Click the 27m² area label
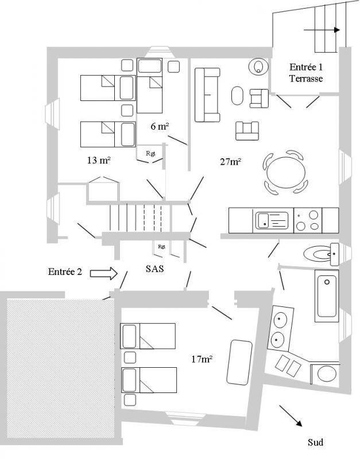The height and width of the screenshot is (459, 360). (231, 161)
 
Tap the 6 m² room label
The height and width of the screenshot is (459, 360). (160, 126)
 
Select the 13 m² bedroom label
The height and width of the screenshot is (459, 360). (99, 160)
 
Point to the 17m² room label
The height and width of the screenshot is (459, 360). (202, 359)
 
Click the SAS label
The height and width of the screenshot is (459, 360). (154, 269)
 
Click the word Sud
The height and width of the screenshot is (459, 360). (315, 442)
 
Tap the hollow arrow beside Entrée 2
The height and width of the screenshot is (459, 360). (104, 273)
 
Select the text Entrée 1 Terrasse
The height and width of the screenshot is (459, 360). (306, 73)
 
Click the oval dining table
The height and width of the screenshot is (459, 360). (286, 173)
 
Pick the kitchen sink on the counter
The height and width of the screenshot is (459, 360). (272, 220)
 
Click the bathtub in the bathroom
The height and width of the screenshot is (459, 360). (327, 295)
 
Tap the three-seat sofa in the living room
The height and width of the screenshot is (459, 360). (207, 95)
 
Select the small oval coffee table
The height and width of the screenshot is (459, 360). (237, 95)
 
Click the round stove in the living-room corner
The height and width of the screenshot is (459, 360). (258, 67)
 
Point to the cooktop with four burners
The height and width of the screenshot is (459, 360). (308, 220)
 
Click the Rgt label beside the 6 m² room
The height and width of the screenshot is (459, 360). (150, 153)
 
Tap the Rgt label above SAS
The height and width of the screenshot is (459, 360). (161, 247)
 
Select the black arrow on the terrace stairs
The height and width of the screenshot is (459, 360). (322, 30)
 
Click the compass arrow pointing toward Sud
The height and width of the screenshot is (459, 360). (291, 415)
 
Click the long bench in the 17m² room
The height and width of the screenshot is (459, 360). (239, 363)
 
